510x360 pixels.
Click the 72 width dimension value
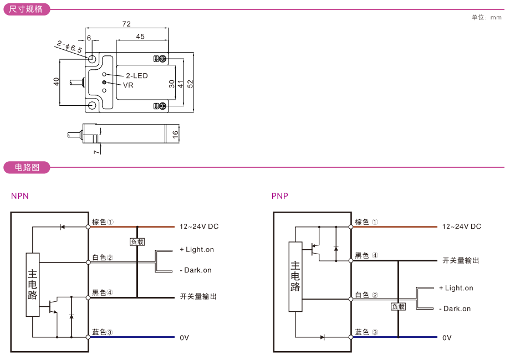tap(126, 24)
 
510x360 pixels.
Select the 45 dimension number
tap(140, 37)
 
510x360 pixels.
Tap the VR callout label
tap(128, 85)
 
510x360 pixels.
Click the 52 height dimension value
tap(190, 83)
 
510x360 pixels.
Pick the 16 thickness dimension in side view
tap(175, 133)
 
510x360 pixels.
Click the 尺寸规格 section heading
tap(26, 9)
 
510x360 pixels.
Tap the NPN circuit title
tap(19, 196)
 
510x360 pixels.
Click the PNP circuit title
tap(280, 196)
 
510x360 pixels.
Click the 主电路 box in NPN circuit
tap(33, 285)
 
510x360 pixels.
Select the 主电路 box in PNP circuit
tap(295, 276)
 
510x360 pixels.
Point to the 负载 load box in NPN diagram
tap(137, 242)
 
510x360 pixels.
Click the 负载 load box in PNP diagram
tap(399, 306)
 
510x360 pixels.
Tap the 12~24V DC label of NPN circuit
tap(199, 227)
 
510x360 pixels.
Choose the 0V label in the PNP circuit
tap(446, 337)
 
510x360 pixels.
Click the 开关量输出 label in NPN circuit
tap(198, 297)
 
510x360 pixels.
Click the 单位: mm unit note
tap(486, 17)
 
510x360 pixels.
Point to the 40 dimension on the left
tap(56, 81)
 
